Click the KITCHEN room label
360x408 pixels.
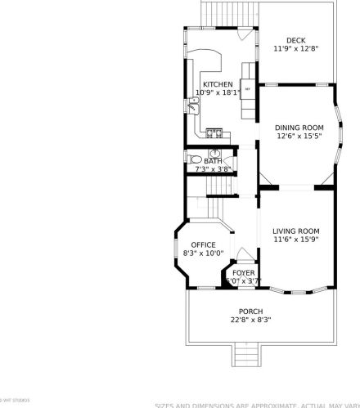pos(218,84)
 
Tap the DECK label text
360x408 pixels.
pos(295,41)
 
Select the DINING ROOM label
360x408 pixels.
pos(299,127)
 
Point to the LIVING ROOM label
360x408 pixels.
pos(295,231)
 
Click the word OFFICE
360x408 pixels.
pos(203,244)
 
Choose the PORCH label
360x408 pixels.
pos(250,311)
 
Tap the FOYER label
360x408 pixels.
pos(243,272)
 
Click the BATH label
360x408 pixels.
pos(213,161)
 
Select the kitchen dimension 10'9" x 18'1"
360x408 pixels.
pos(218,92)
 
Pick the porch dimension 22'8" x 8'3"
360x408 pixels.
pos(250,320)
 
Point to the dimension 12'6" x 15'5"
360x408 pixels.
pos(299,136)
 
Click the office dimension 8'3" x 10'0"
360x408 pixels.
pos(203,253)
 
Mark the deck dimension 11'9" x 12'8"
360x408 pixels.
pos(295,49)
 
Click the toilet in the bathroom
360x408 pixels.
pos(194,160)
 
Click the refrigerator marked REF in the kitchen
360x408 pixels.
pos(247,89)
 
